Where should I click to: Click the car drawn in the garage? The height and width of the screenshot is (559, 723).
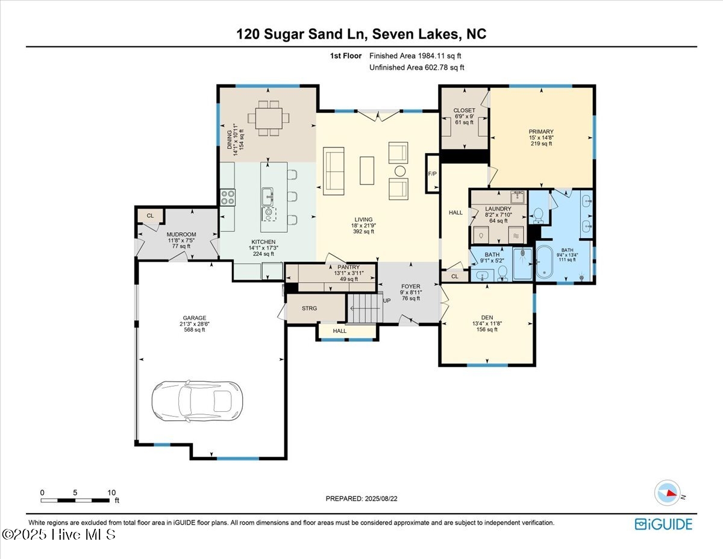(x=197, y=402)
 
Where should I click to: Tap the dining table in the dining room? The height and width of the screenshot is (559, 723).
(x=269, y=118)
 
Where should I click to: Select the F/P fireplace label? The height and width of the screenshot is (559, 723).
(x=432, y=174)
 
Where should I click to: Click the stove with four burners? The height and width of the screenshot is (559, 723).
(x=228, y=197)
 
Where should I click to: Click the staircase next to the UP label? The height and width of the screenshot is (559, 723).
(x=365, y=308)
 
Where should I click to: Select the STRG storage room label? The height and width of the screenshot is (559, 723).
(x=310, y=308)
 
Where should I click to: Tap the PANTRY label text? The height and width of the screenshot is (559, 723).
(x=348, y=267)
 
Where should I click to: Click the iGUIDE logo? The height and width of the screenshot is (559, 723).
(x=663, y=524)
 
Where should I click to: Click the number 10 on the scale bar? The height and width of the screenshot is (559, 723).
(x=112, y=493)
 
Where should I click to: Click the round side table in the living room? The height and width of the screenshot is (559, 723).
(x=400, y=171)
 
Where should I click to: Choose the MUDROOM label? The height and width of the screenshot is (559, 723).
(x=181, y=235)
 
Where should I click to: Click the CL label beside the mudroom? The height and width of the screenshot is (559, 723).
(x=151, y=216)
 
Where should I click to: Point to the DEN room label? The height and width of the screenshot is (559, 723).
(x=487, y=318)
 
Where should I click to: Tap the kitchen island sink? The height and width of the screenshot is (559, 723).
(x=268, y=197)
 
